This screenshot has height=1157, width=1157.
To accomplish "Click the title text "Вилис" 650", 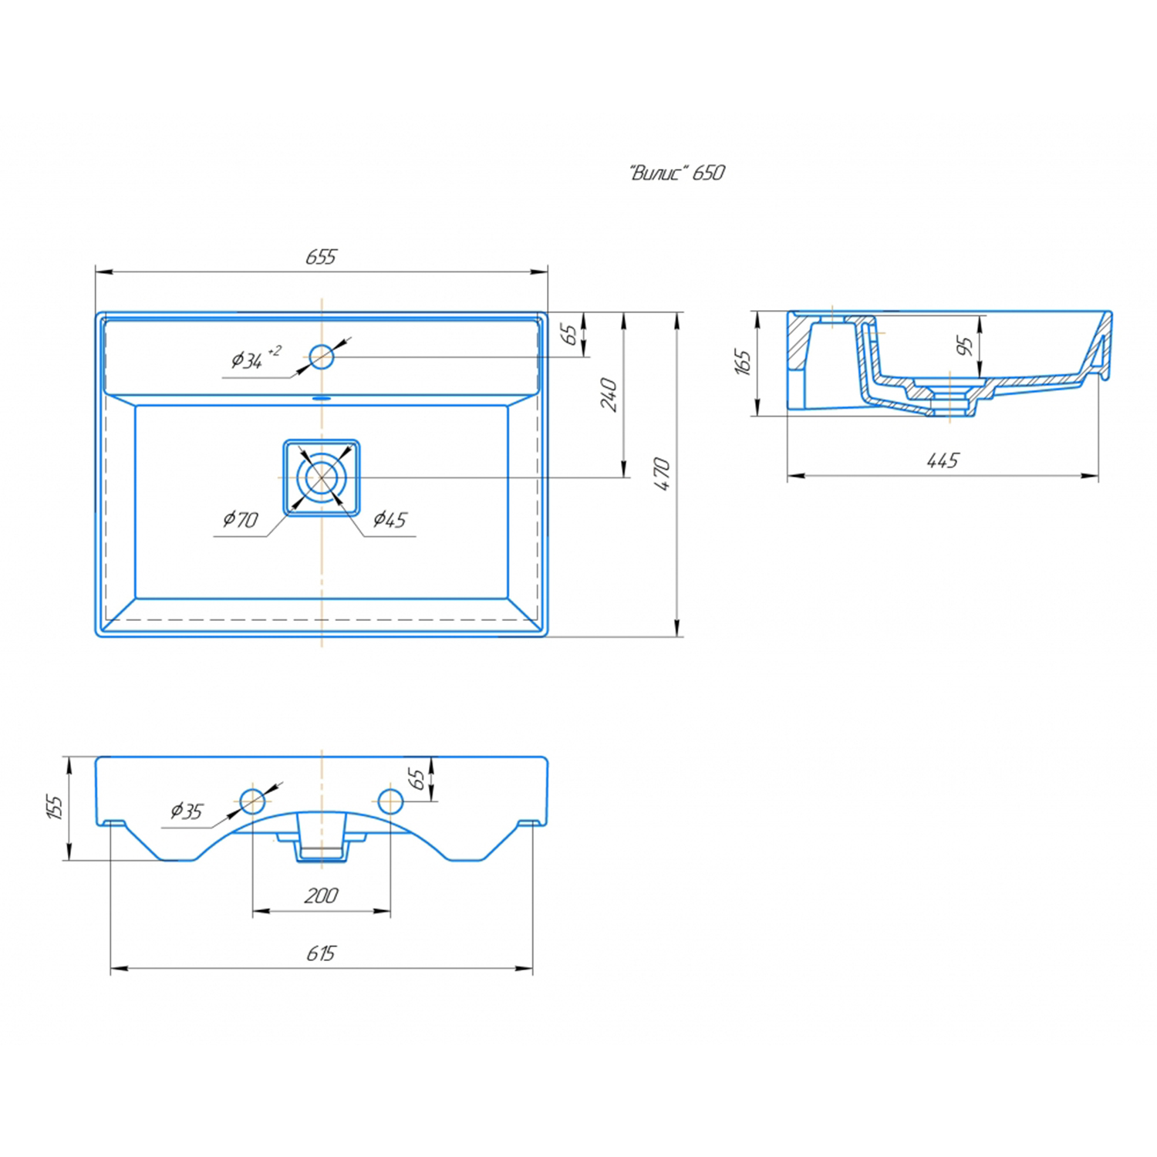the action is click(x=677, y=172).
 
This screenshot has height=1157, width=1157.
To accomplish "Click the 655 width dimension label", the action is click(x=321, y=257).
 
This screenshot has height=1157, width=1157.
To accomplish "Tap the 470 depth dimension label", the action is click(x=662, y=474).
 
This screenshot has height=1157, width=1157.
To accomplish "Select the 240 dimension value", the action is click(x=609, y=395).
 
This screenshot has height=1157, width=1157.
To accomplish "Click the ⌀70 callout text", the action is click(x=241, y=519).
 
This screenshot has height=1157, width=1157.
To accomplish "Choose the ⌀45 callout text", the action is click(x=390, y=519).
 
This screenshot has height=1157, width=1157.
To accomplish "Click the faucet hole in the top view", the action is click(x=322, y=356).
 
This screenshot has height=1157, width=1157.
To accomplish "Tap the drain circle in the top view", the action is click(x=321, y=477).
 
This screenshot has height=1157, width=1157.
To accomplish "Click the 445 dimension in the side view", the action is click(x=943, y=460).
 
